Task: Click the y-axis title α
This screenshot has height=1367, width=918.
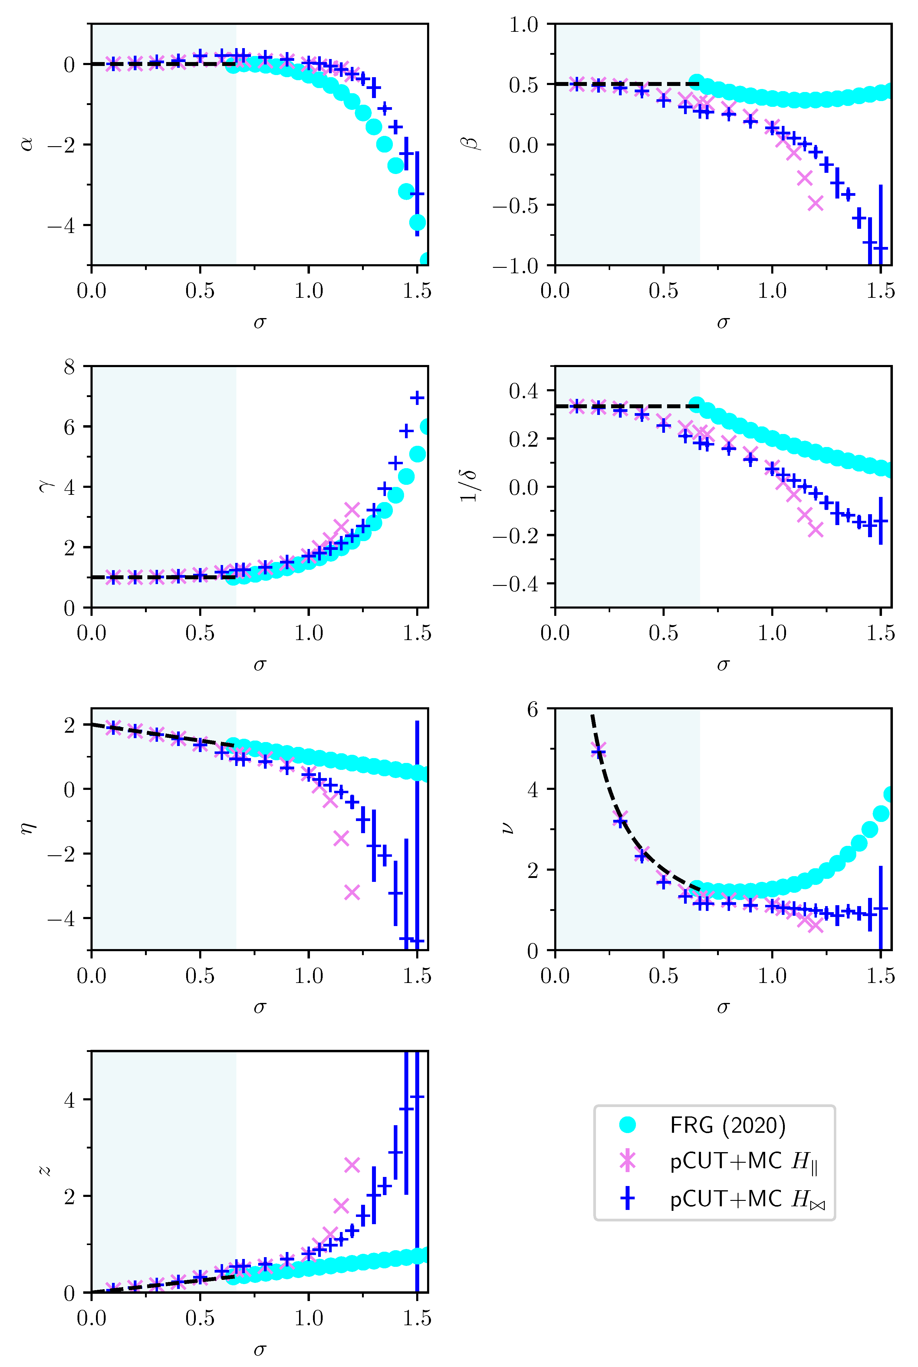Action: coord(26,144)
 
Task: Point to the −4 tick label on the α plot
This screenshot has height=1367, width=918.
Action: coord(61,225)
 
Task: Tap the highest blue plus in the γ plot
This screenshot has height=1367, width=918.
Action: coord(417,398)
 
